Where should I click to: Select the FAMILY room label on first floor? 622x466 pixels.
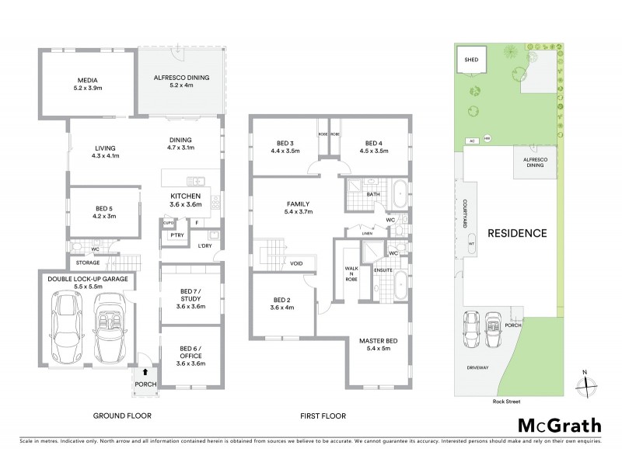pos(299,206)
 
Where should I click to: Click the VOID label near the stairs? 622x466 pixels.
pos(297,263)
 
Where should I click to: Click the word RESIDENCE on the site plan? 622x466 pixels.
pos(517,233)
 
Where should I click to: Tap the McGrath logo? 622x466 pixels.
pos(561,425)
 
